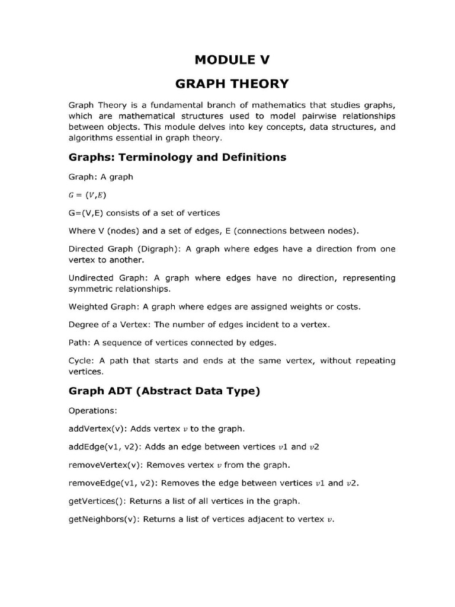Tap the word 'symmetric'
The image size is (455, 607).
coord(89,289)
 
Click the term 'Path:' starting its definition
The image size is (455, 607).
coord(79,343)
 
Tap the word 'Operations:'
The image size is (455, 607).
coord(94,410)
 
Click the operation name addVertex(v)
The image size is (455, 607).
coord(97,428)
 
